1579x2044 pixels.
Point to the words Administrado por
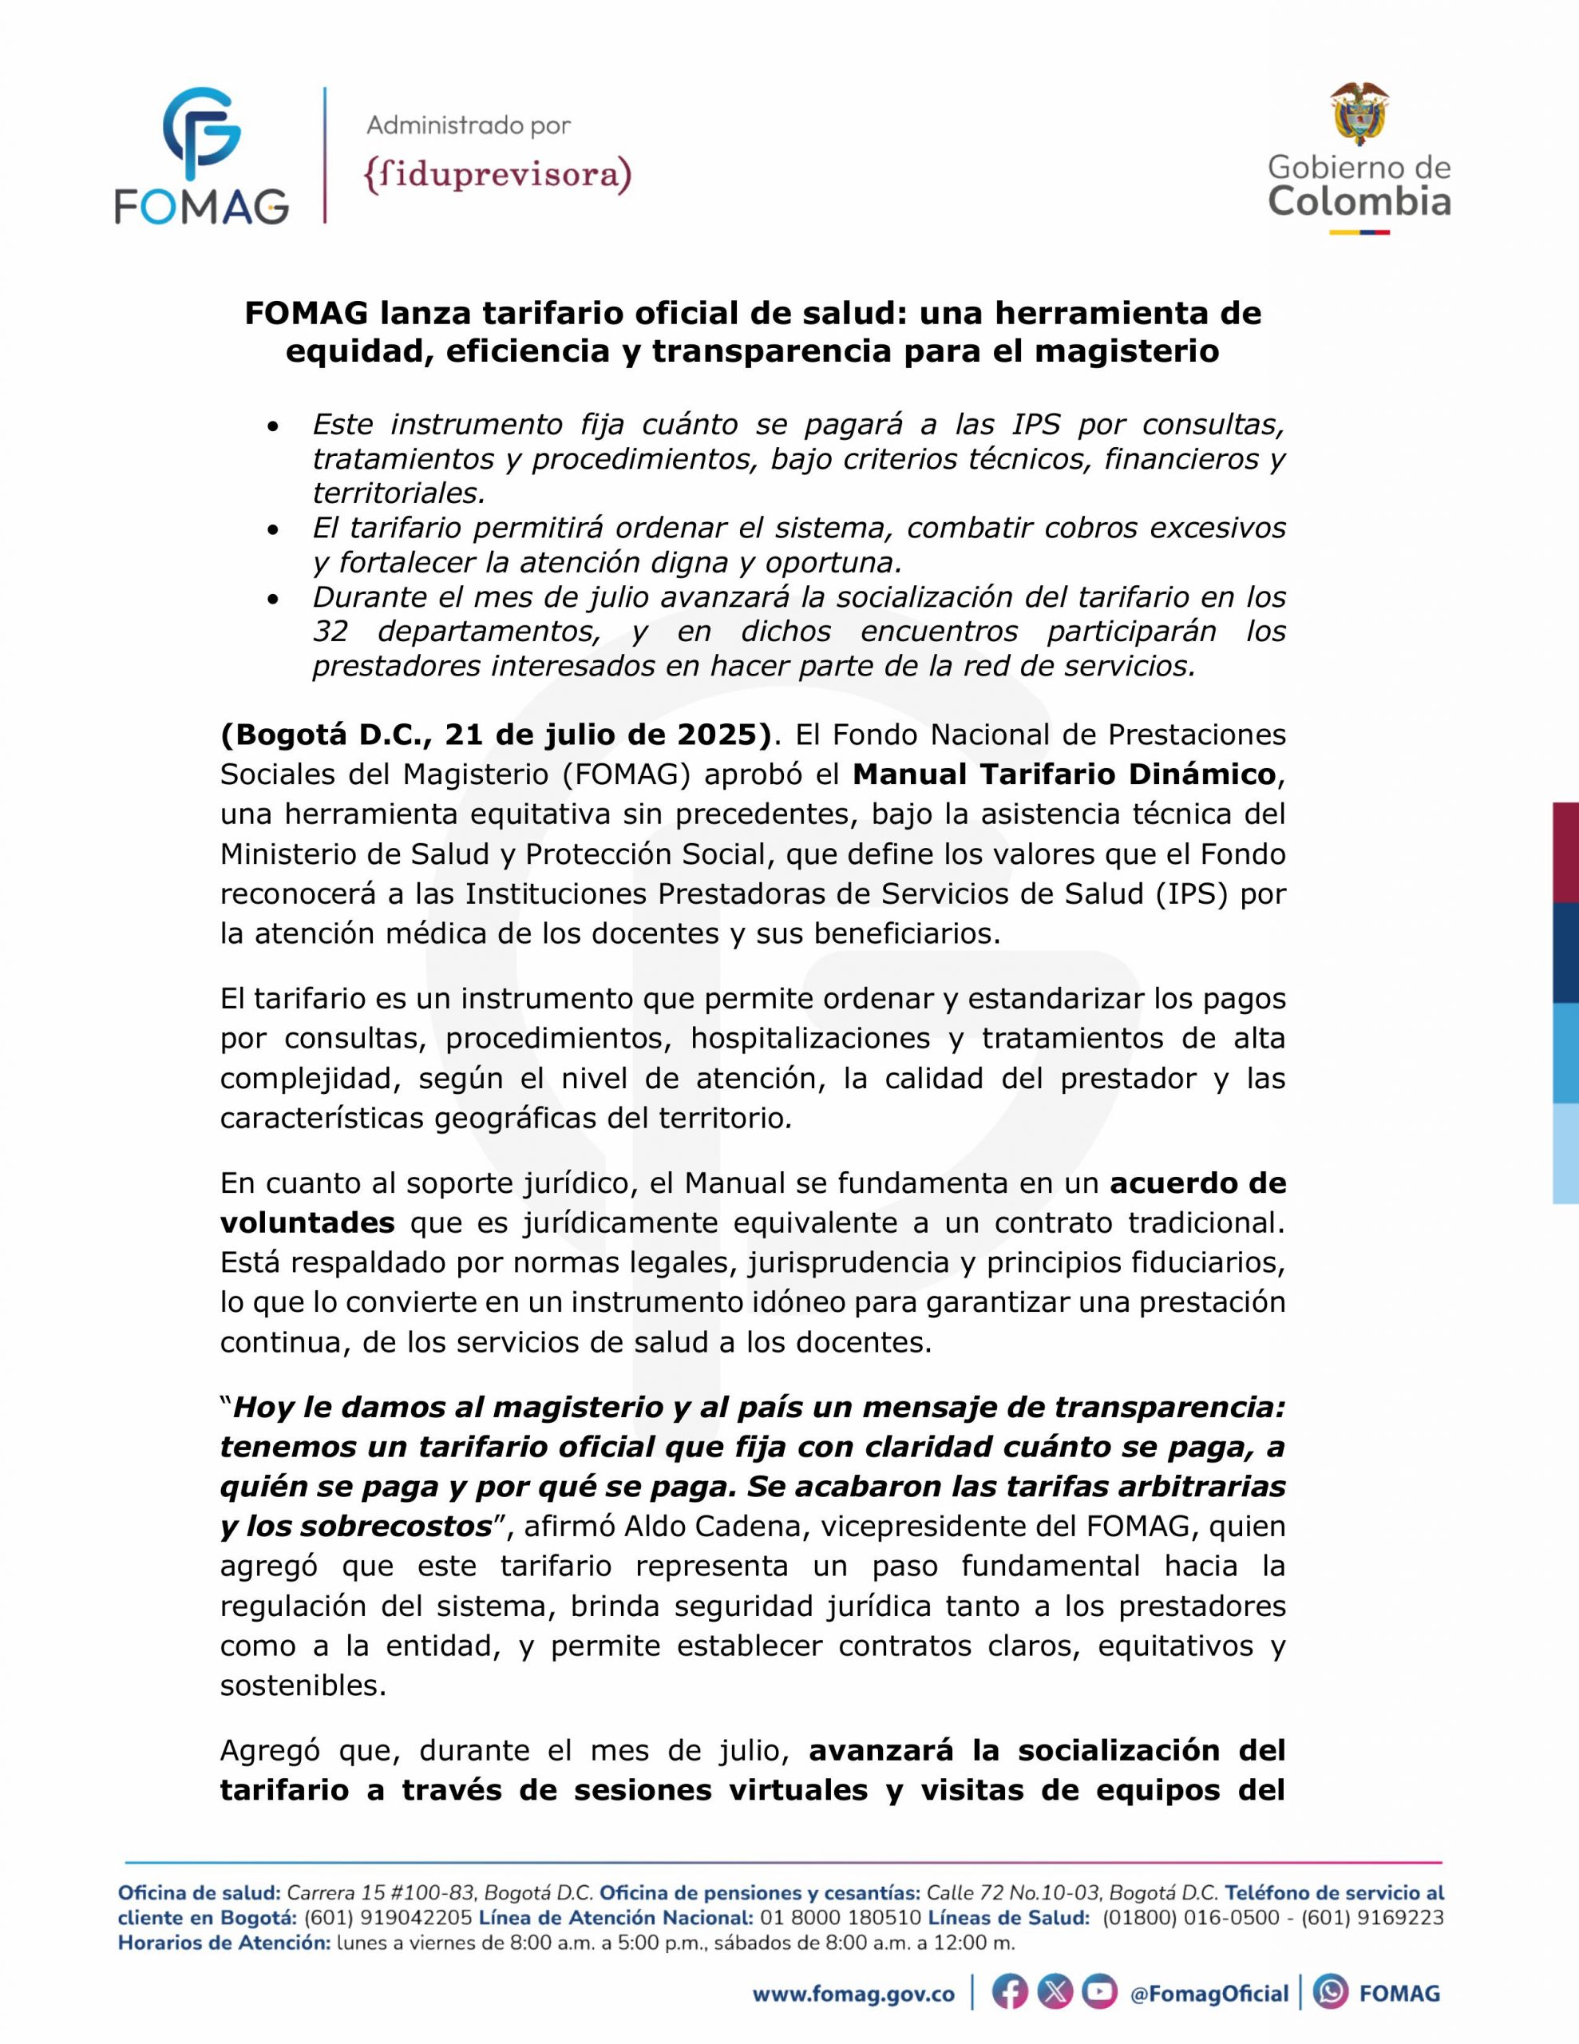click(x=468, y=125)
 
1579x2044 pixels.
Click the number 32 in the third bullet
click(x=330, y=632)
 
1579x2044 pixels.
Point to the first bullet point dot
click(x=272, y=427)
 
